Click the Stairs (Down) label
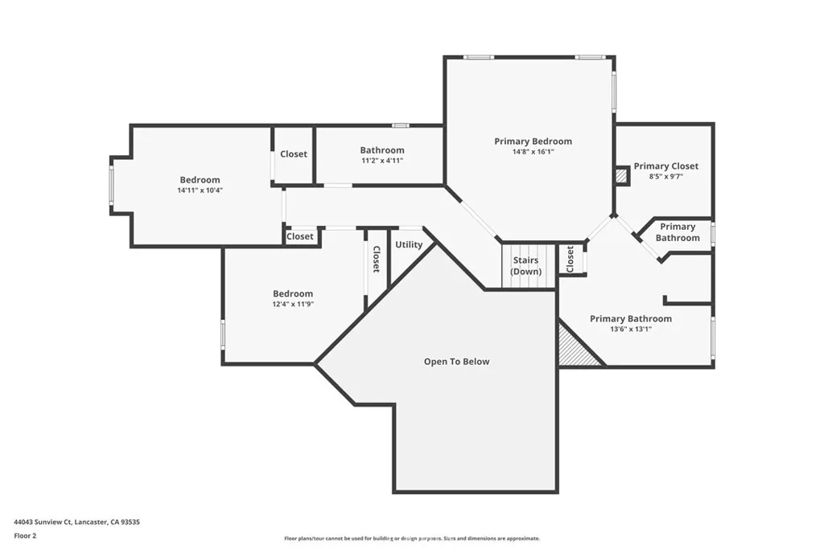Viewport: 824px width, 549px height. click(526, 266)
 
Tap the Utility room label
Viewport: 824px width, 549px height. click(409, 244)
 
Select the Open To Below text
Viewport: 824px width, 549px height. click(456, 362)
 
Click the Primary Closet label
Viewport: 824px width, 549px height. click(665, 166)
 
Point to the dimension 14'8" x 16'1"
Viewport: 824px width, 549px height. click(533, 152)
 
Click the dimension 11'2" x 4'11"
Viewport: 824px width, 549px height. click(381, 161)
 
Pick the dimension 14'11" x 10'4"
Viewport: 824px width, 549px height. click(199, 191)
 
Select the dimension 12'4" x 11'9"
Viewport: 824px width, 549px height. click(292, 305)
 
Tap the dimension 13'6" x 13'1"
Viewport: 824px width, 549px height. click(630, 330)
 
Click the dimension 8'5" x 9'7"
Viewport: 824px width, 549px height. click(665, 177)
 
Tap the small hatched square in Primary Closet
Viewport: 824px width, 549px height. click(621, 174)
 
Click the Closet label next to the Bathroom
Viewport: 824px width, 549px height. click(293, 154)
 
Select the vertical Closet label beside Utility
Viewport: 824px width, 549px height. click(376, 258)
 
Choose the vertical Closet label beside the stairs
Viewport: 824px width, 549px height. click(570, 260)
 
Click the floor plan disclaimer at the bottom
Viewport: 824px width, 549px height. click(411, 539)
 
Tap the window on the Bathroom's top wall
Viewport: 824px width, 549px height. click(400, 125)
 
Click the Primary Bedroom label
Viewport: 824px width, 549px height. click(533, 141)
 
